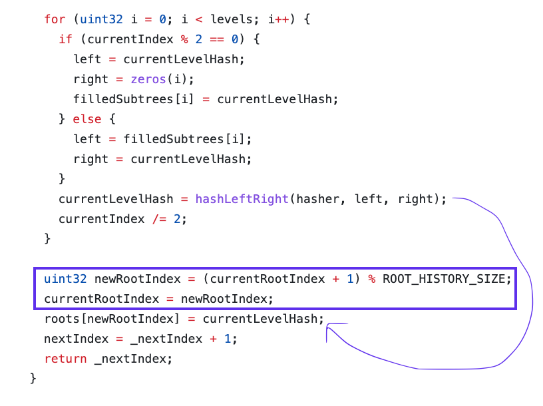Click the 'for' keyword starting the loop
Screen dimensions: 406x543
pyautogui.click(x=55, y=19)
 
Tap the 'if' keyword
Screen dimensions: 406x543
pyautogui.click(x=65, y=39)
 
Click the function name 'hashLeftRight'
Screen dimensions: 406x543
pyautogui.click(x=242, y=199)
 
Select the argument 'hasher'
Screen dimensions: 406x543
pyautogui.click(x=317, y=199)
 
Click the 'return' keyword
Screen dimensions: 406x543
pyautogui.click(x=65, y=359)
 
